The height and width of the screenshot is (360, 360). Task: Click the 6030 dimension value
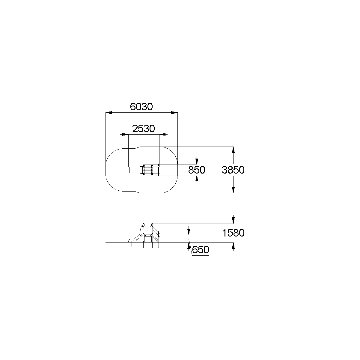(x=141, y=107)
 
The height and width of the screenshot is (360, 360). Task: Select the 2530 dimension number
(x=144, y=129)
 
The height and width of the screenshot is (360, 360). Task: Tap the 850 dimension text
(x=197, y=170)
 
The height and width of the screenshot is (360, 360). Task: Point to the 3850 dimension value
(x=233, y=170)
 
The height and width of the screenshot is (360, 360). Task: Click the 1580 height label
(x=233, y=233)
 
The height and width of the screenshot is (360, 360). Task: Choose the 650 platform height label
(x=201, y=250)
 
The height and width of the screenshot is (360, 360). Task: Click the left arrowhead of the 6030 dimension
(x=109, y=113)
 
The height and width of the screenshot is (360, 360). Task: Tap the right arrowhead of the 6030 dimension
(x=174, y=113)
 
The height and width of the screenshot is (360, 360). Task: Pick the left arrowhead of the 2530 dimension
(x=125, y=134)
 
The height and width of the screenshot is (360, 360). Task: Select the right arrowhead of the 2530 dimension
(x=162, y=134)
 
